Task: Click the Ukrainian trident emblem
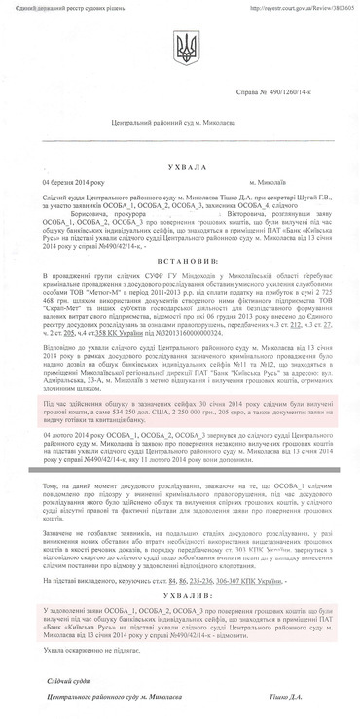[180, 45]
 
